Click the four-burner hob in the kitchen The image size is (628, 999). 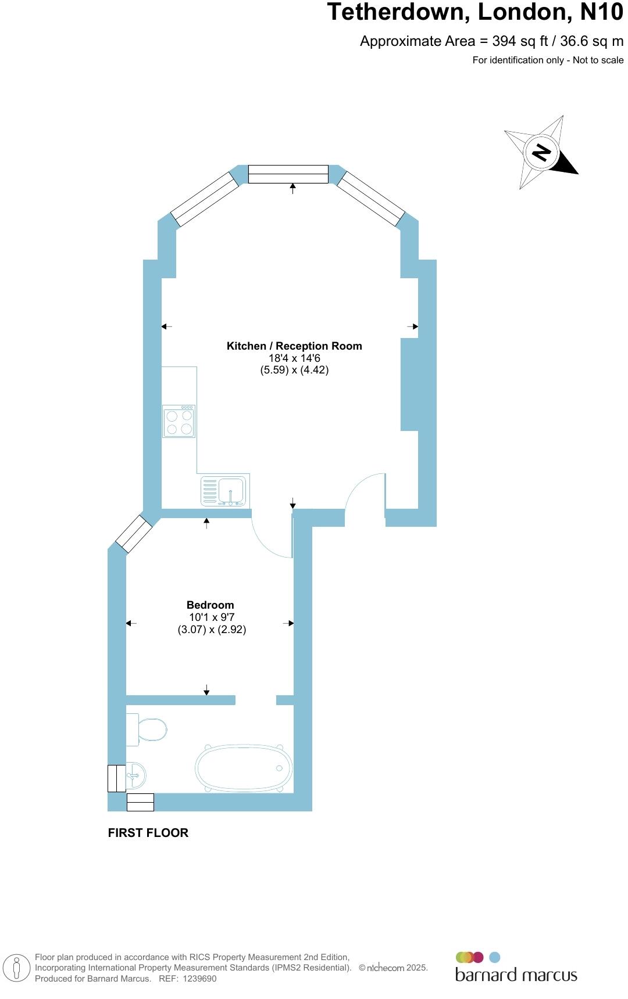click(x=179, y=422)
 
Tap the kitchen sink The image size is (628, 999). click(x=225, y=491)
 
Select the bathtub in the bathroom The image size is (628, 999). click(x=244, y=768)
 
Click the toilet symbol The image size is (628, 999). click(x=148, y=730)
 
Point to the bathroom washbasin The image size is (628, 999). click(x=135, y=775)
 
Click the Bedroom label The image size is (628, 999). click(x=210, y=605)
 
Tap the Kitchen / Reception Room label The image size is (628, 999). click(x=294, y=346)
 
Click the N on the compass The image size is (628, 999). click(x=541, y=153)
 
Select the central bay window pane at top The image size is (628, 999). click(x=288, y=174)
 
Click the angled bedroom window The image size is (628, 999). click(x=134, y=534)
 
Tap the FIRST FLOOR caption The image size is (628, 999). click(x=148, y=833)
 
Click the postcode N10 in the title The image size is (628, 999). click(x=601, y=13)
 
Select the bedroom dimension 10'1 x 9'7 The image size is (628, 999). click(x=212, y=617)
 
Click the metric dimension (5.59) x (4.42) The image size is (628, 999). click(x=294, y=370)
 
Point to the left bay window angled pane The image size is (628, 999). click(x=205, y=199)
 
